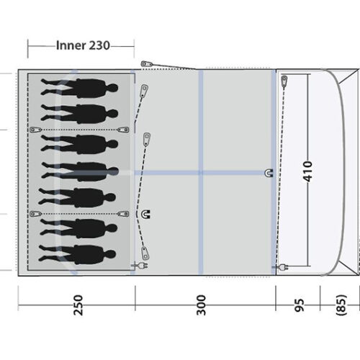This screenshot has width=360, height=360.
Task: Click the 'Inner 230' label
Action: (x=82, y=45)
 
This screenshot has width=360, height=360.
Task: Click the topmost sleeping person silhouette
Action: (x=80, y=88)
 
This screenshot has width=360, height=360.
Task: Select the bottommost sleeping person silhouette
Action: (x=80, y=254)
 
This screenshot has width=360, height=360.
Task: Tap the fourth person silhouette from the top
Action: (x=80, y=171)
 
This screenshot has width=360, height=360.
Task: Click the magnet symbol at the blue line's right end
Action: (x=269, y=172)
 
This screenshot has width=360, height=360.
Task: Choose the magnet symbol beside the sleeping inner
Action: (x=147, y=213)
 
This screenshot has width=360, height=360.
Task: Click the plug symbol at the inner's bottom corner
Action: (x=134, y=266)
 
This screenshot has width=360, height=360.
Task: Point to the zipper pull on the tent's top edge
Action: (x=147, y=64)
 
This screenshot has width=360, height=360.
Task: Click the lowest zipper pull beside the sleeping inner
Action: (x=149, y=251)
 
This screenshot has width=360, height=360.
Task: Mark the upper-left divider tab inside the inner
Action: (x=33, y=129)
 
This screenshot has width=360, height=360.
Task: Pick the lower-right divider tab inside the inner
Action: (x=125, y=213)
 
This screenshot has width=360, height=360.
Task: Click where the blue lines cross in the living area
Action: (x=202, y=172)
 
